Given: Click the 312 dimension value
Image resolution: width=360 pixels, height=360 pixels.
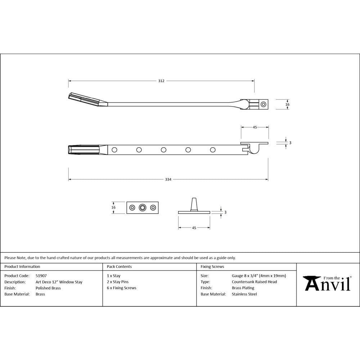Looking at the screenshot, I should (161, 81).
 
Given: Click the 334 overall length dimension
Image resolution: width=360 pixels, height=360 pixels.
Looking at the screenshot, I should (168, 179).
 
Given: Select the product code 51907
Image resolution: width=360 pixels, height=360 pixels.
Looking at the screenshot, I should (41, 276).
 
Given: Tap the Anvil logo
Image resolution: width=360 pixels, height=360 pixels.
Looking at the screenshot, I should (328, 283).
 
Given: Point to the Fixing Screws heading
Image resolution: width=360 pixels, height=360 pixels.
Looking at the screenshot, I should (212, 267).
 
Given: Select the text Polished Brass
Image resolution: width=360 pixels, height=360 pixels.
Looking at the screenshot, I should (48, 288).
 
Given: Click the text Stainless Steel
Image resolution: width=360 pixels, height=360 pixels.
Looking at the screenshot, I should (244, 294).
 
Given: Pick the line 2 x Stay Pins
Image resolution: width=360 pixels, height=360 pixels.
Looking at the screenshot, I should (117, 282).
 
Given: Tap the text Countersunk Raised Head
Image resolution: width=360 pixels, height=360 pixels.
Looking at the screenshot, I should (254, 282).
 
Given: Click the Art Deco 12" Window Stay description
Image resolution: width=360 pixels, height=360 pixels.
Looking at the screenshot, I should (59, 282).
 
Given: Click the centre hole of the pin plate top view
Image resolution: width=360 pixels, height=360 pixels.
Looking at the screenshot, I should (143, 207).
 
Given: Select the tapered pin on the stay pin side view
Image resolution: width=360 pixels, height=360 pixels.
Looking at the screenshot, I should (194, 204).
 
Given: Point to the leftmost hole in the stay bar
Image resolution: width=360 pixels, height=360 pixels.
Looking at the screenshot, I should (114, 149).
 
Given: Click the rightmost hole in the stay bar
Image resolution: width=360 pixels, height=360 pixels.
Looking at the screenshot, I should (213, 149).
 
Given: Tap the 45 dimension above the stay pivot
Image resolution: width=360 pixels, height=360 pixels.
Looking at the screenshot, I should (255, 127).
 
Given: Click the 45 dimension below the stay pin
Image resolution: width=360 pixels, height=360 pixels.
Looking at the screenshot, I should (194, 228).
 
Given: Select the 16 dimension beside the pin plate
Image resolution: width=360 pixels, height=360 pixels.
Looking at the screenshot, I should (113, 207).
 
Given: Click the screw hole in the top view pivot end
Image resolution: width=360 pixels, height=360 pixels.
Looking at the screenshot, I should (264, 104).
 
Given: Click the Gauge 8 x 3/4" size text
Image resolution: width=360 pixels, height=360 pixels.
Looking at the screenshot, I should (259, 276).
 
